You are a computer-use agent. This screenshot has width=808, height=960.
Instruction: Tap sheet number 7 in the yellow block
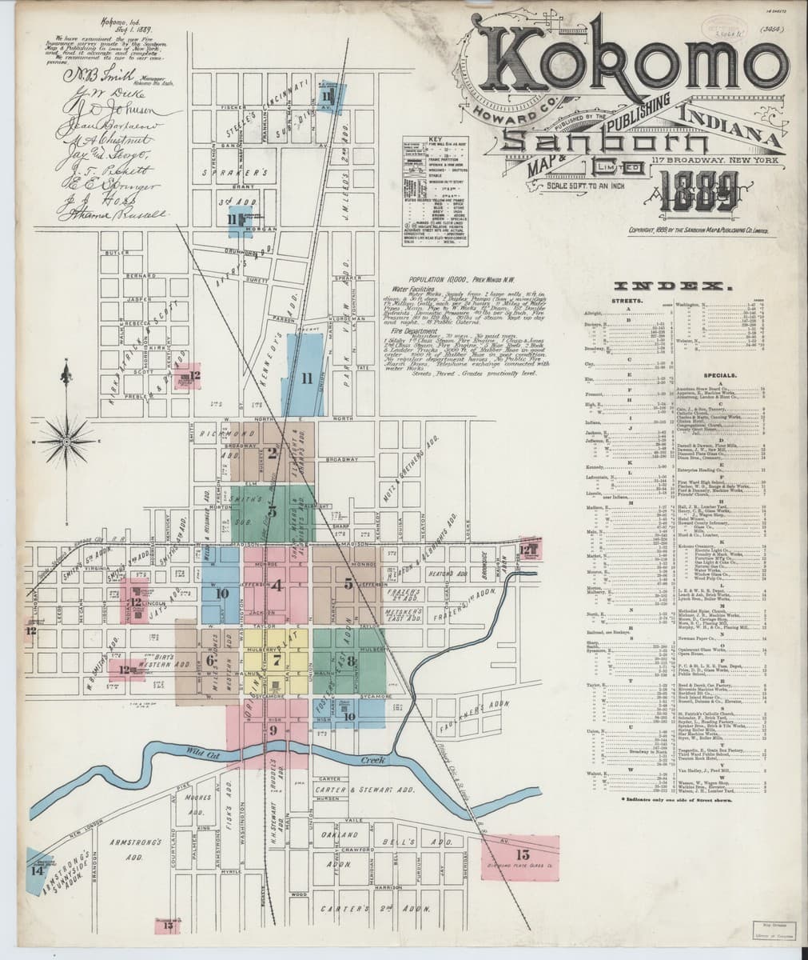277,661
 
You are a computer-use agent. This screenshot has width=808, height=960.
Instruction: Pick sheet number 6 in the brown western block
209,661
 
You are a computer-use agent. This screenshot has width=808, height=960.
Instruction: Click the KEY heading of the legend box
435,138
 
